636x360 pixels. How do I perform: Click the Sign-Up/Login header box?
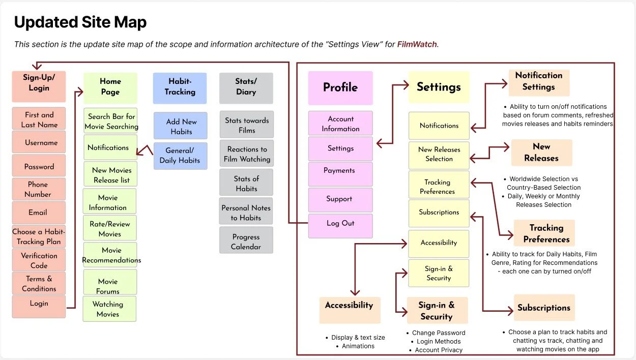(39, 86)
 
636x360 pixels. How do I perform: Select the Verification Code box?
(39, 260)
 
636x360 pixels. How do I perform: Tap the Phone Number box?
(39, 189)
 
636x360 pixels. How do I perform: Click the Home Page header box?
(110, 87)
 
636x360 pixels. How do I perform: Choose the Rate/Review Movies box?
(109, 228)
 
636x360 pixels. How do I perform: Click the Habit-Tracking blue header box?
(180, 87)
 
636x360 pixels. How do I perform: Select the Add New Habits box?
(180, 126)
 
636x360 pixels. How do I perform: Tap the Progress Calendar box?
(246, 241)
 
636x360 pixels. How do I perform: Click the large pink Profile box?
(340, 87)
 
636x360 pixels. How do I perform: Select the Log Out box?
(340, 224)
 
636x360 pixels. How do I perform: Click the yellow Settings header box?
(439, 87)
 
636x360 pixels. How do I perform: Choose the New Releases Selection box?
(439, 155)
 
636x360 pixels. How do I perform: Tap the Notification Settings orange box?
(538, 82)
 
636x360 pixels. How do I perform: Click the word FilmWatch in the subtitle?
(417, 44)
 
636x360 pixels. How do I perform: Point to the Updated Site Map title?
(80, 22)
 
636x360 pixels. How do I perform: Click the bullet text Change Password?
(439, 333)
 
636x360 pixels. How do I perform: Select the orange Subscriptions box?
(543, 308)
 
